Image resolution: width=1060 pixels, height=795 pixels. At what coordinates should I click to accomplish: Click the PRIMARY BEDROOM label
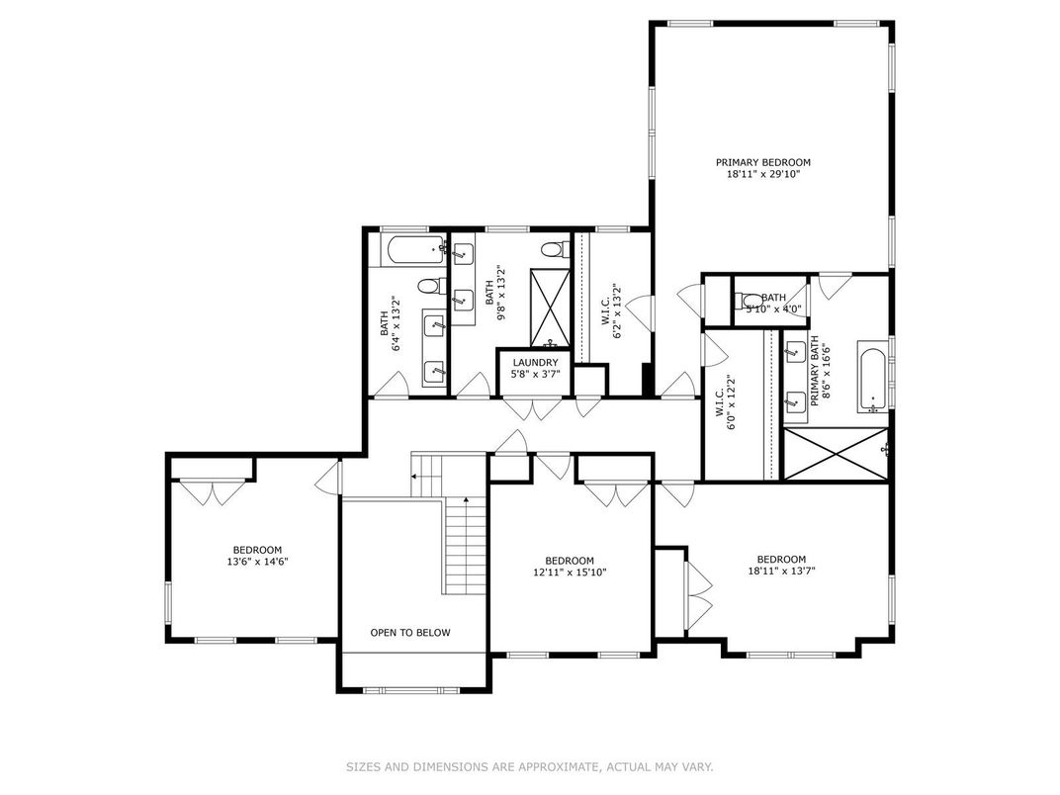click(x=763, y=162)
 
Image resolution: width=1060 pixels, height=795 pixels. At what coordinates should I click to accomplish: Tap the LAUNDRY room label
click(x=536, y=363)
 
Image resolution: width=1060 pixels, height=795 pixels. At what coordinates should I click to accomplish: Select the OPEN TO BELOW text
click(x=409, y=633)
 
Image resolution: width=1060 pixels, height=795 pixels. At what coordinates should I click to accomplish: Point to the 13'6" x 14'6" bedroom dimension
click(x=257, y=562)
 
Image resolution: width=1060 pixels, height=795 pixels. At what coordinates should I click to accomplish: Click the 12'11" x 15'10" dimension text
click(x=570, y=572)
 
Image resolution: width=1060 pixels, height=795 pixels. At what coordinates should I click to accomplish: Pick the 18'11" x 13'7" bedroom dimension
click(x=781, y=571)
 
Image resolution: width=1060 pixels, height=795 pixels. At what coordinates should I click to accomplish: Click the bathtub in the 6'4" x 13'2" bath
click(x=407, y=250)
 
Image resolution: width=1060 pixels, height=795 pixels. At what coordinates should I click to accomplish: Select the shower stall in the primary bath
click(x=835, y=455)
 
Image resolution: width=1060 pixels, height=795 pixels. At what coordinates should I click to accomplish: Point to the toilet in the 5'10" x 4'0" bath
click(x=751, y=301)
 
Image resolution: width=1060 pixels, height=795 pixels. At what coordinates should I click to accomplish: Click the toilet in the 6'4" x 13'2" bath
click(x=429, y=287)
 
